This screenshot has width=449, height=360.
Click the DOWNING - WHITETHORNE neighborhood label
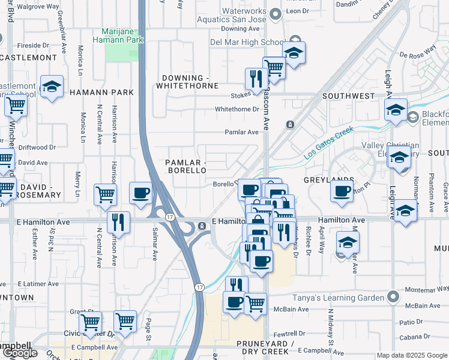[x=187, y=82]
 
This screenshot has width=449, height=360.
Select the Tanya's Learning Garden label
[x=339, y=298]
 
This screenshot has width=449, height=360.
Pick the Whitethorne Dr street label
[x=237, y=109]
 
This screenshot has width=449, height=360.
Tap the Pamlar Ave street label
[x=242, y=132]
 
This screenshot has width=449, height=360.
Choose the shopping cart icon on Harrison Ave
[x=105, y=194]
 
